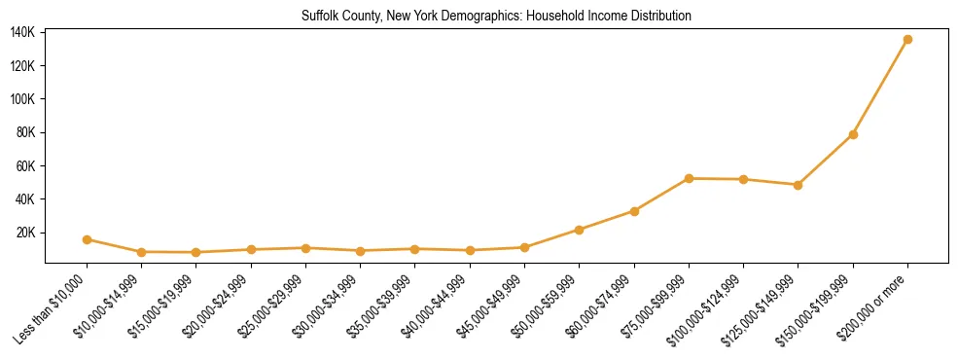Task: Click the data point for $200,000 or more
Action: pyautogui.click(x=907, y=39)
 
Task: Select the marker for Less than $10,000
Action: pyautogui.click(x=87, y=239)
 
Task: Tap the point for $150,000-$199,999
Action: pyautogui.click(x=853, y=134)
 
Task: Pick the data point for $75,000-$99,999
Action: pyautogui.click(x=689, y=178)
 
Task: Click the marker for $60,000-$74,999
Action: pyautogui.click(x=634, y=211)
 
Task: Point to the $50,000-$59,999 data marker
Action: pyautogui.click(x=579, y=230)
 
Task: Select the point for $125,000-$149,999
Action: pyautogui.click(x=798, y=185)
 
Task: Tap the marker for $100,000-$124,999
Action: pyautogui.click(x=743, y=179)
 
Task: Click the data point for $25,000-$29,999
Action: pyautogui.click(x=305, y=248)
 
